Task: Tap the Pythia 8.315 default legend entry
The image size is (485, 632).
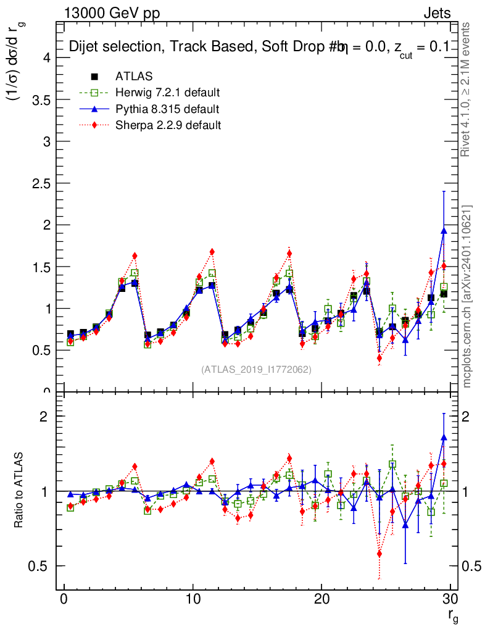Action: (x=167, y=109)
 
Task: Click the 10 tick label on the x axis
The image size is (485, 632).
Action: (x=193, y=599)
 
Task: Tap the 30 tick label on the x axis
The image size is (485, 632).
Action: (x=450, y=599)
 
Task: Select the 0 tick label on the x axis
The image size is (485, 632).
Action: (x=64, y=599)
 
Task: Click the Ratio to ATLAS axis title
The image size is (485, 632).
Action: (x=19, y=491)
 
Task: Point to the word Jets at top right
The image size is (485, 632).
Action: (x=437, y=13)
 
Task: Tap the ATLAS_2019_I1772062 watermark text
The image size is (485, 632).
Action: (x=256, y=370)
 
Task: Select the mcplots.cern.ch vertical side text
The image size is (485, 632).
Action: (x=467, y=296)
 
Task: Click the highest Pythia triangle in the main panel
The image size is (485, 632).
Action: (x=444, y=230)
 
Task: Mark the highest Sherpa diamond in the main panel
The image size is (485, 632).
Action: (x=212, y=251)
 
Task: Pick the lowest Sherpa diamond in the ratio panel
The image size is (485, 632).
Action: (x=379, y=554)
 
